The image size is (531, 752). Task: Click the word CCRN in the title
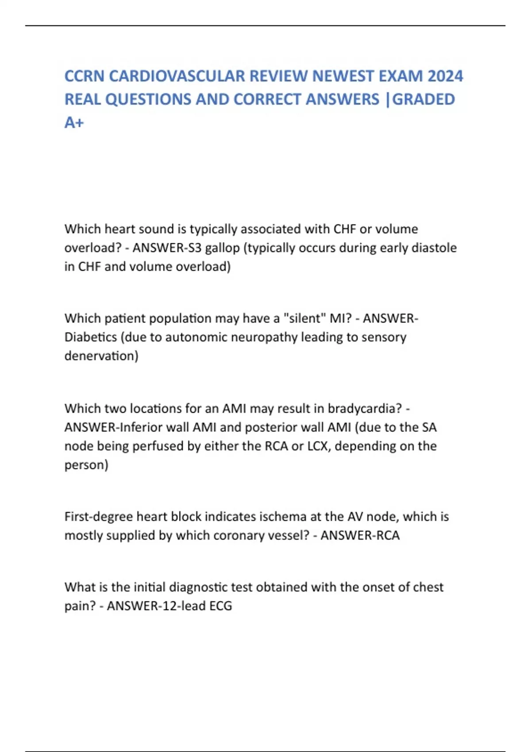[x=85, y=76]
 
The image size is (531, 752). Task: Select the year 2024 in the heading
[x=445, y=76]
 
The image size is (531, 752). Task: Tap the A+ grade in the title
[x=74, y=123]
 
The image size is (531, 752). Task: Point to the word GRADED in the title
[x=423, y=100]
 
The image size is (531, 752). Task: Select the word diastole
[x=434, y=248]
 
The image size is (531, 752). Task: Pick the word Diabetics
[x=91, y=337]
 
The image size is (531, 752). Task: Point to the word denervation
[x=101, y=356]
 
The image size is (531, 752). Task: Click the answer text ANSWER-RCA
[x=360, y=535]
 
